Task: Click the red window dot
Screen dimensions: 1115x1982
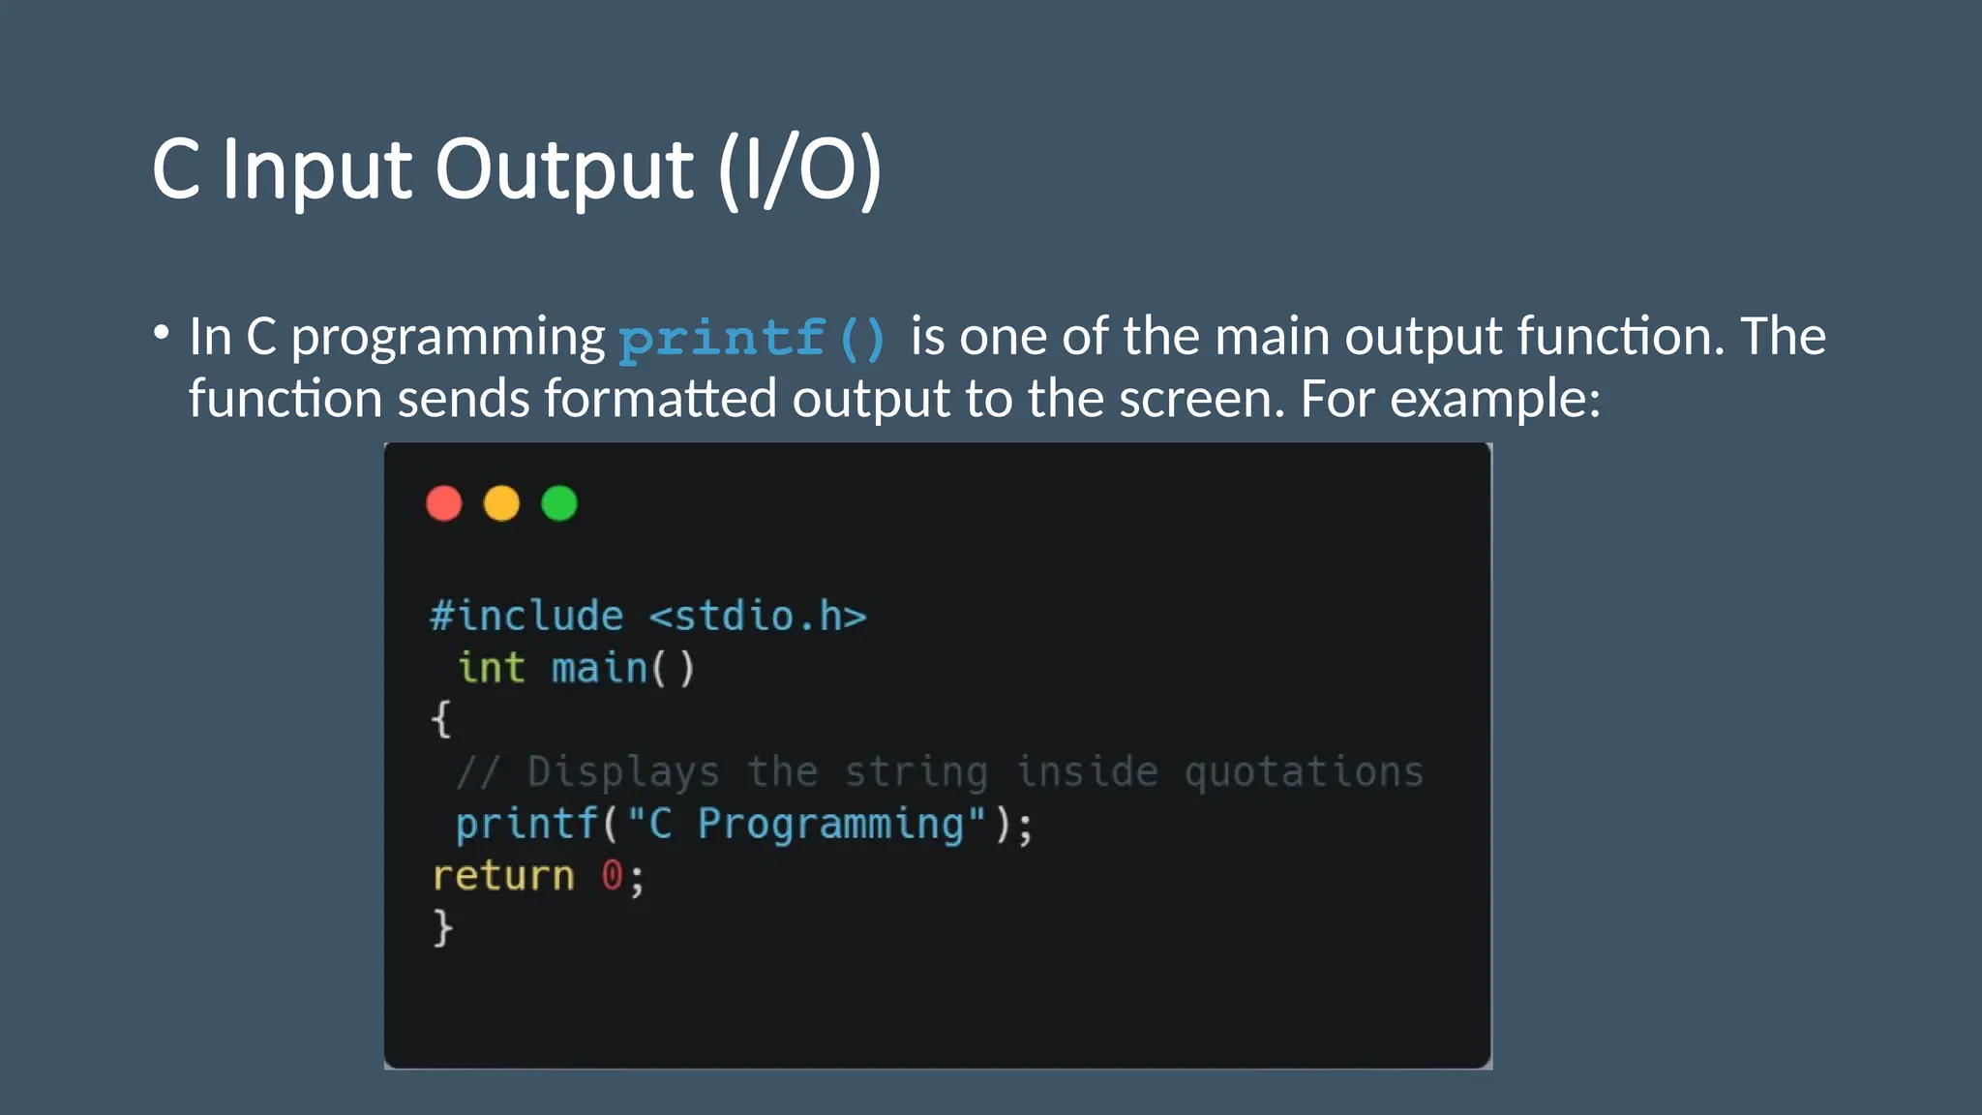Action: pyautogui.click(x=444, y=503)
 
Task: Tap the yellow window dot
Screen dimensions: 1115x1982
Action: pyautogui.click(x=501, y=503)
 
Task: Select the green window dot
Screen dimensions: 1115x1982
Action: pyautogui.click(x=559, y=503)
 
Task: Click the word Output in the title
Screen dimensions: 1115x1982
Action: pyautogui.click(x=564, y=170)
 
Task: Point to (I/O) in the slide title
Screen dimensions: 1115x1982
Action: pyautogui.click(x=799, y=170)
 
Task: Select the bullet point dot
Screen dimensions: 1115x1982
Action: pyautogui.click(x=162, y=333)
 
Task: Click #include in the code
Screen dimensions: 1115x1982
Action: pyautogui.click(x=527, y=617)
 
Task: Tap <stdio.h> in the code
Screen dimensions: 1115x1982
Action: pyautogui.click(x=758, y=617)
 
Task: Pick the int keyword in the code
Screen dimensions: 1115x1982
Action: pyautogui.click(x=492, y=668)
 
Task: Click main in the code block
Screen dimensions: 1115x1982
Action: pyautogui.click(x=599, y=668)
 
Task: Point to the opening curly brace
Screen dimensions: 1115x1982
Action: pyautogui.click(x=441, y=719)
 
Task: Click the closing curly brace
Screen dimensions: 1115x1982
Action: pyautogui.click(x=442, y=927)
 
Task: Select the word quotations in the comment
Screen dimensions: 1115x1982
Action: pyautogui.click(x=1304, y=772)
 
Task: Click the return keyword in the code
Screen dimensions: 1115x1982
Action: pyautogui.click(x=503, y=876)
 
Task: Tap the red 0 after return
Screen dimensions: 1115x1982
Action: pyautogui.click(x=612, y=875)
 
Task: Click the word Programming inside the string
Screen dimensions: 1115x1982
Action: pyautogui.click(x=831, y=825)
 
